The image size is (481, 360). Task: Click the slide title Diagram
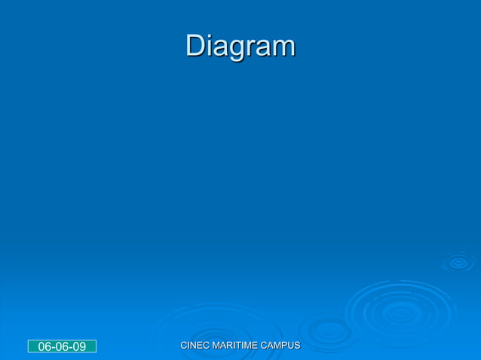(240, 47)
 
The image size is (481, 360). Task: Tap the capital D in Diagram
(195, 46)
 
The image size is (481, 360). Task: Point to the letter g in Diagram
(230, 49)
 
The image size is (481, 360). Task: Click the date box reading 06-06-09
(62, 346)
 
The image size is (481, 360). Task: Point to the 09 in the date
(79, 346)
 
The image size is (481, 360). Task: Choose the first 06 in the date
(44, 346)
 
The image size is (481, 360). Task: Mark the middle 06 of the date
(62, 346)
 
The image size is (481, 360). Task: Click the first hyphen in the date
(54, 347)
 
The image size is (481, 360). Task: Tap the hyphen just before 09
(71, 347)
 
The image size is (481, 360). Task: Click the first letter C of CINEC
(184, 345)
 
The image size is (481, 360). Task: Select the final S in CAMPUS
(297, 345)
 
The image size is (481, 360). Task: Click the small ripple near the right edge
(458, 262)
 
